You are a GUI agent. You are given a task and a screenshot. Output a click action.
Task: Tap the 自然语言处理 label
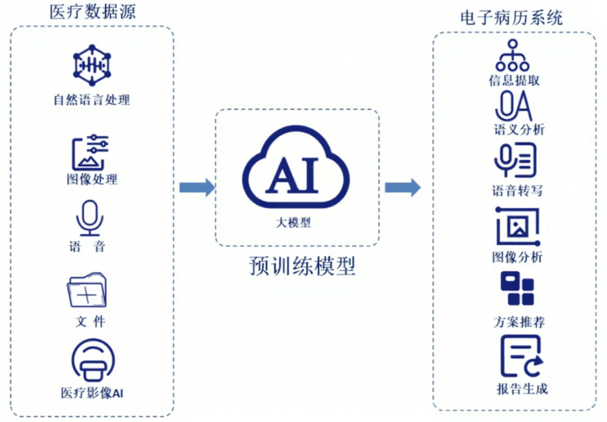92,101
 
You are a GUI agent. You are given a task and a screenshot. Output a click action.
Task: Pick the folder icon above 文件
87,291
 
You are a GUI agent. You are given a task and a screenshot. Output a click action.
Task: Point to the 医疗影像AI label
92,392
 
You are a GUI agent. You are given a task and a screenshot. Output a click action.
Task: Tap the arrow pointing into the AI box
197,187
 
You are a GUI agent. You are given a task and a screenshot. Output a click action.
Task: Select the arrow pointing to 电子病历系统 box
402,187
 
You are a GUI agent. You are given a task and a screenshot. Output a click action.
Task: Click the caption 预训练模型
302,266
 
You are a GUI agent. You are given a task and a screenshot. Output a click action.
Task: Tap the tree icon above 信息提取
512,55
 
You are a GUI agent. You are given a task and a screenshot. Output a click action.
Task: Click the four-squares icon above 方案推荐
517,289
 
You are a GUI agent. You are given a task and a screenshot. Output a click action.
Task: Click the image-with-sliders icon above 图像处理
90,152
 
